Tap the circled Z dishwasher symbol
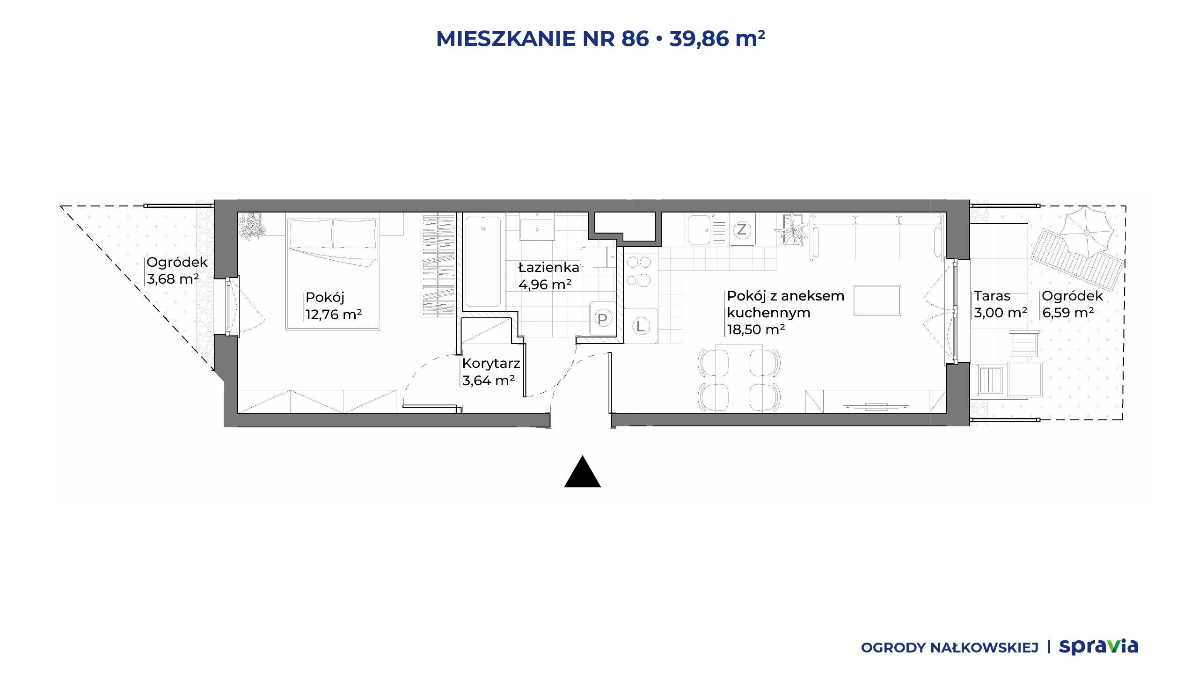tap(741, 230)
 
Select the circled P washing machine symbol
tap(602, 319)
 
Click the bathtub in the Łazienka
tap(483, 262)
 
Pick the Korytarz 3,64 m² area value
tap(489, 381)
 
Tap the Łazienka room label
tap(549, 267)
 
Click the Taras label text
tap(992, 296)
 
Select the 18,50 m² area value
tap(756, 330)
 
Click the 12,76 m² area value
tap(334, 315)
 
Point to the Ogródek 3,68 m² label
tap(177, 271)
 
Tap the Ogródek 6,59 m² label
tap(1072, 304)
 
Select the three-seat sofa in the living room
tap(876, 237)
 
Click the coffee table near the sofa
tap(877, 300)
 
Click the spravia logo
tap(1098, 646)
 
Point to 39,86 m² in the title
tap(717, 38)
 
